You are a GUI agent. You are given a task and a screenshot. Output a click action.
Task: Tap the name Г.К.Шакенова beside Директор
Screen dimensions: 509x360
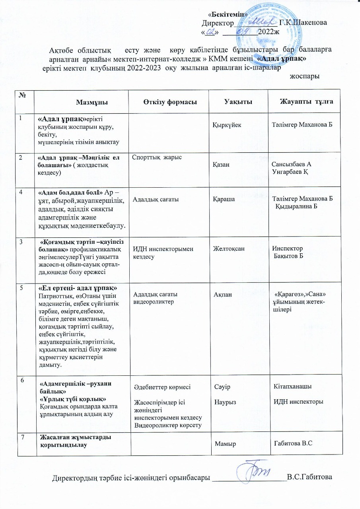click(x=304, y=23)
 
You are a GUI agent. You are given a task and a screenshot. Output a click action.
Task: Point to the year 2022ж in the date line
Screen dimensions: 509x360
click(x=269, y=32)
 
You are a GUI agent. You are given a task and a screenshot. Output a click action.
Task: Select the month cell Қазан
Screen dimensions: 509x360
click(x=221, y=164)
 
